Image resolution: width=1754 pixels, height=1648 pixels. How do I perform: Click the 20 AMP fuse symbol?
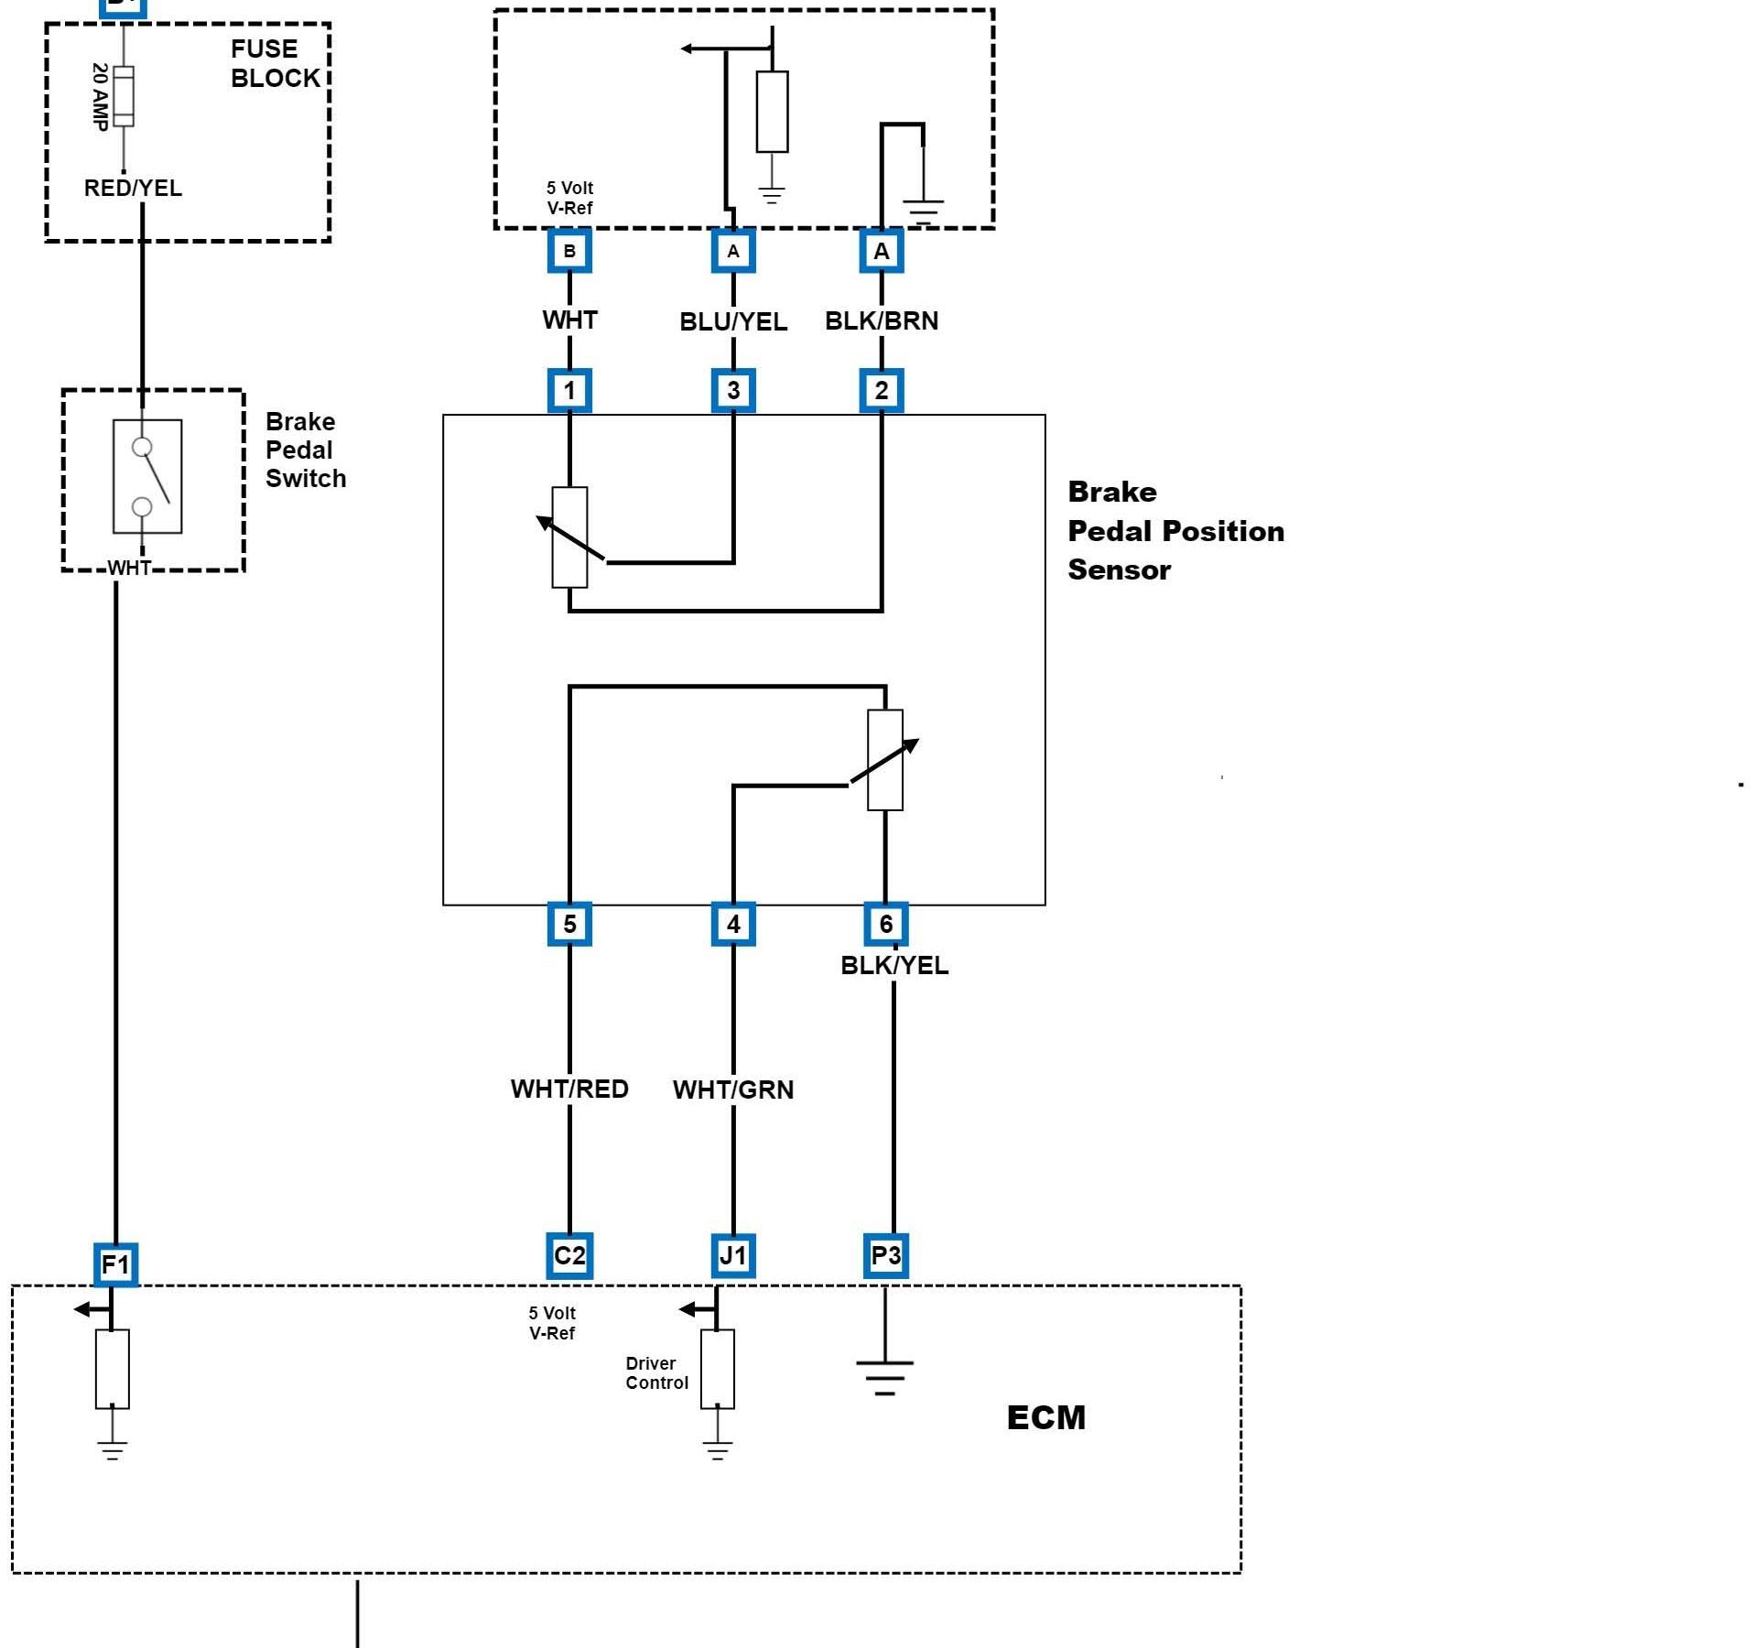pyautogui.click(x=124, y=96)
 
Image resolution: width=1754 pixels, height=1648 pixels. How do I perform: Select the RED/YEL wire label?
pyautogui.click(x=133, y=188)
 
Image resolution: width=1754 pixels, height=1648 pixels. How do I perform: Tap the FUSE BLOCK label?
pyautogui.click(x=275, y=63)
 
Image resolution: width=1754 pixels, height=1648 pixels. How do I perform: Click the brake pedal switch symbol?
pyautogui.click(x=147, y=476)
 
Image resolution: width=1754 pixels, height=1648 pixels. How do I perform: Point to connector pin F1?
pyautogui.click(x=115, y=1264)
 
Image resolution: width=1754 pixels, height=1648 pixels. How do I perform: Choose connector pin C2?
pyautogui.click(x=569, y=1255)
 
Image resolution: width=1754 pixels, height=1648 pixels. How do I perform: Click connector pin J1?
pyautogui.click(x=733, y=1255)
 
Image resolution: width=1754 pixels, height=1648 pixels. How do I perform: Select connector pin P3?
pyautogui.click(x=885, y=1255)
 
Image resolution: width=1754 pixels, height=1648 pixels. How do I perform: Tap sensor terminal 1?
pyautogui.click(x=569, y=391)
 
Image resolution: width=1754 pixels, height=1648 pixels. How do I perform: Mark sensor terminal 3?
pyautogui.click(x=733, y=391)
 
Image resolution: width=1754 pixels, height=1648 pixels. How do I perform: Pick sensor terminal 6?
pyautogui.click(x=885, y=924)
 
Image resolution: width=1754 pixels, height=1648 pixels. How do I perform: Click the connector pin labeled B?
pyautogui.click(x=569, y=251)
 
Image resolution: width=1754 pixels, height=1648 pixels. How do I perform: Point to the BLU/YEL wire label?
pyautogui.click(x=733, y=321)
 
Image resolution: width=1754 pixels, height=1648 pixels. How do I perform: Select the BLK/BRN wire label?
pyautogui.click(x=882, y=320)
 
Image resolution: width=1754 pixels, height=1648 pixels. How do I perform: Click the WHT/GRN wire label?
pyautogui.click(x=733, y=1090)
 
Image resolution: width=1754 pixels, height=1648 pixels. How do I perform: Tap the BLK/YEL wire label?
pyautogui.click(x=894, y=965)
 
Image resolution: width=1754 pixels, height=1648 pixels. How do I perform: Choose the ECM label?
pyautogui.click(x=1046, y=1417)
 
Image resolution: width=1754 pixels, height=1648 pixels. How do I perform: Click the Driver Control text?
pyautogui.click(x=656, y=1373)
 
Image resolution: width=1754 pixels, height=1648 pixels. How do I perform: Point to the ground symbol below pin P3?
pyautogui.click(x=884, y=1374)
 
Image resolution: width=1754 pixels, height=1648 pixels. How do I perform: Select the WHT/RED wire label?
pyautogui.click(x=569, y=1089)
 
